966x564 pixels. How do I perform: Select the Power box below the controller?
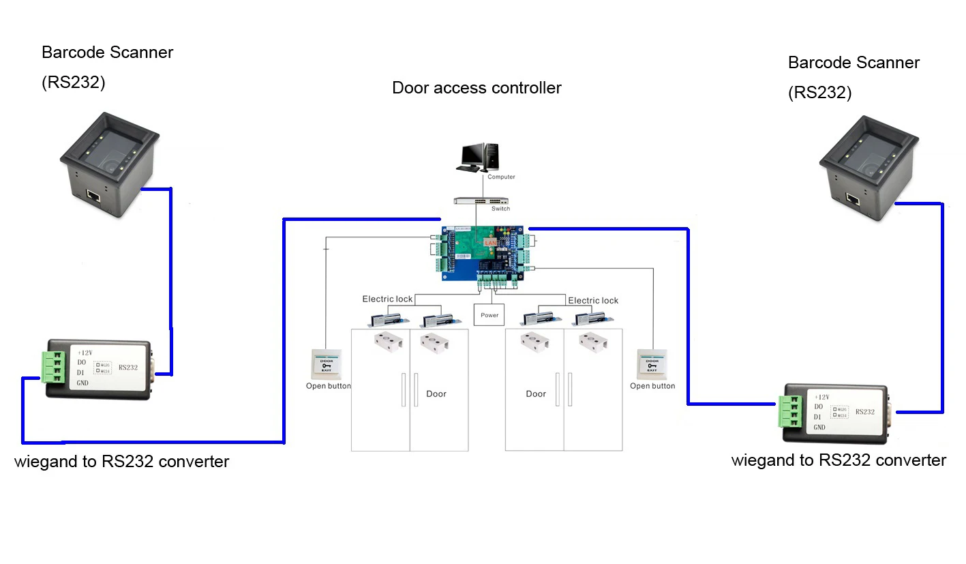click(x=489, y=315)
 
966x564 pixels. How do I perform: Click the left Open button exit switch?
click(x=326, y=364)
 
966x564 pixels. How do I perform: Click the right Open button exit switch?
click(x=652, y=364)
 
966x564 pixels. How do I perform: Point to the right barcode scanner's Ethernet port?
click(x=853, y=198)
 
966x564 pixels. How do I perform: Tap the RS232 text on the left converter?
click(x=128, y=367)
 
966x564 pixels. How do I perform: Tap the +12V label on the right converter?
click(x=822, y=397)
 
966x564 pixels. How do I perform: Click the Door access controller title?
click(x=477, y=88)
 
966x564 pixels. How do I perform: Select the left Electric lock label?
click(x=387, y=299)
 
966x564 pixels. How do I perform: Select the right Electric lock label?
click(x=593, y=300)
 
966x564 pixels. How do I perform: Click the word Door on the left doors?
click(x=436, y=394)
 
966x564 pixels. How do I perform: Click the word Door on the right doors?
click(x=536, y=394)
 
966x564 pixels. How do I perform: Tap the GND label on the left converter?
click(x=83, y=383)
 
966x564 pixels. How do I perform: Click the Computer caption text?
click(x=501, y=177)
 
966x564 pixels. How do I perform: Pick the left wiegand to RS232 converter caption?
click(x=121, y=462)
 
